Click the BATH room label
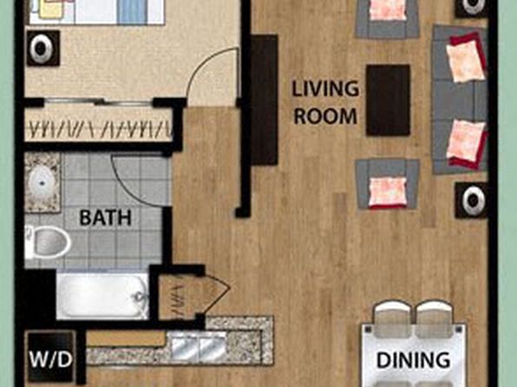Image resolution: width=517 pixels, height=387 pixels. coord(106,218)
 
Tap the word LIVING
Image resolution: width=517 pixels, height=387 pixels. coord(325,89)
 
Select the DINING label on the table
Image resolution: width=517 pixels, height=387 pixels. coord(413,360)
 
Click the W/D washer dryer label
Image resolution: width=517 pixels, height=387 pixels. coord(50,359)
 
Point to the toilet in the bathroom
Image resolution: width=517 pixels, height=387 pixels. coord(47,242)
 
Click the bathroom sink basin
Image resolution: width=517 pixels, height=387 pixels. coord(42,182)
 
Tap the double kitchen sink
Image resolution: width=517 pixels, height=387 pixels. coord(199,345)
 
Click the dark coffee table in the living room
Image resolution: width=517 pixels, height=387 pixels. coord(388,100)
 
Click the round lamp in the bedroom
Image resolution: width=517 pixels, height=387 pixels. coord(43,49)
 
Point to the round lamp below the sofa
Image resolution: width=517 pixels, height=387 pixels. coord(471,200)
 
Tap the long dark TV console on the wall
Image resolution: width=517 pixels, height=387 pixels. coord(264,100)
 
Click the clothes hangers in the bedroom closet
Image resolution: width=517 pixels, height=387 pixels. coord(99,129)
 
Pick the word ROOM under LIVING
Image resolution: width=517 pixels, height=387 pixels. coord(325,116)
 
